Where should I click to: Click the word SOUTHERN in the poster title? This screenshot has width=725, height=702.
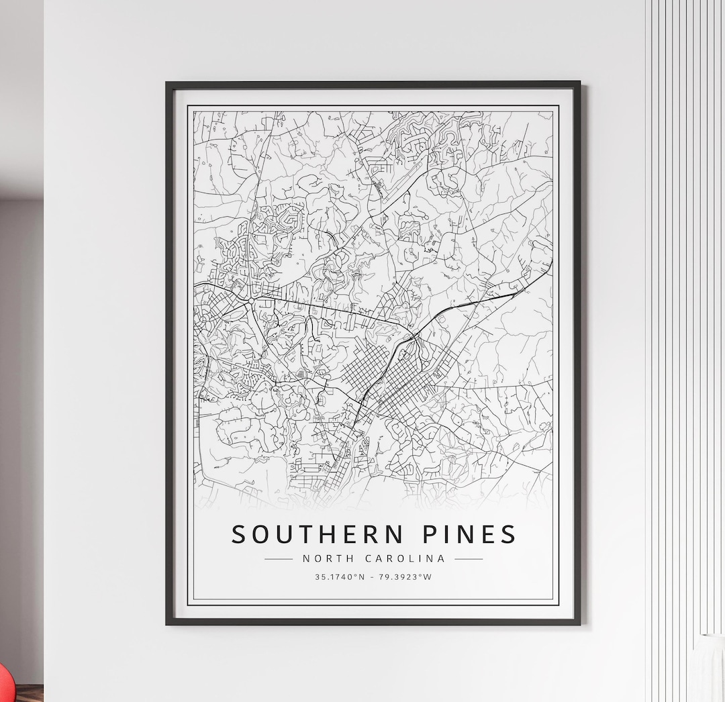pyautogui.click(x=318, y=534)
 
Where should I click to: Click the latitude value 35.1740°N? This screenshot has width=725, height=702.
pyautogui.click(x=339, y=576)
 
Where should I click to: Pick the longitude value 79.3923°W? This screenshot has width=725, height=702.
pyautogui.click(x=405, y=576)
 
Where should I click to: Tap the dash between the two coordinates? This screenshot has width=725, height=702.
pyautogui.click(x=372, y=576)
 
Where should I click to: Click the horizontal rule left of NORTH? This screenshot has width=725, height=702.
pyautogui.click(x=279, y=558)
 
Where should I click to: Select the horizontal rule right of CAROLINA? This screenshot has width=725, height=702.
pyautogui.click(x=469, y=558)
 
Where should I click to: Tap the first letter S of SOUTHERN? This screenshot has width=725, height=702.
pyautogui.click(x=239, y=534)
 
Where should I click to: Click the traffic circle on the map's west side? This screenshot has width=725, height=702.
pyautogui.click(x=250, y=303)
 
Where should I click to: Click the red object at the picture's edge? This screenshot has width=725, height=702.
pyautogui.click(x=5, y=682)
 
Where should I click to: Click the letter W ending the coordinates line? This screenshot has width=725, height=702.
pyautogui.click(x=428, y=576)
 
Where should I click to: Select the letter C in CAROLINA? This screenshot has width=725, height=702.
pyautogui.click(x=369, y=558)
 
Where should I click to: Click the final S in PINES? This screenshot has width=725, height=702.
pyautogui.click(x=508, y=534)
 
